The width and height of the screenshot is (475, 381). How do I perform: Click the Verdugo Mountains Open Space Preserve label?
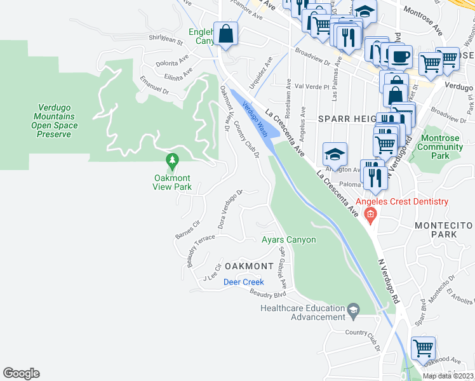(x=57, y=121)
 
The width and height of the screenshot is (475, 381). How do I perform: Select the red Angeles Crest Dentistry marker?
(x=371, y=215)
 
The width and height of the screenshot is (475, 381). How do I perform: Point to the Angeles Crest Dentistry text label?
(x=401, y=202)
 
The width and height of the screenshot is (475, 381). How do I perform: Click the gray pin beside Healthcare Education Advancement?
(x=354, y=311)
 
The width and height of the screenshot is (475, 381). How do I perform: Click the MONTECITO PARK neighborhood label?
(x=444, y=230)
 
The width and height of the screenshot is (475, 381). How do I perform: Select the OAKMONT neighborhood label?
(x=248, y=265)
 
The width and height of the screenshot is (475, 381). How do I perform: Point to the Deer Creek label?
(x=243, y=282)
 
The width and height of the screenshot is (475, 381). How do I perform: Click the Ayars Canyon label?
(x=288, y=240)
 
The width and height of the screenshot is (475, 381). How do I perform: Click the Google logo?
(x=21, y=373)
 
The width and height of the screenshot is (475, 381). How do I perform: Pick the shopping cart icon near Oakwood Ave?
(x=423, y=349)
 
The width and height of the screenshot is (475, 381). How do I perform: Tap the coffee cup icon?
(x=399, y=57)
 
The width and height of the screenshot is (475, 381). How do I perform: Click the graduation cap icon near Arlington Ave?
(x=335, y=154)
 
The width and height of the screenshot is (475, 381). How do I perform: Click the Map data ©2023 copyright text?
(x=447, y=376)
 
